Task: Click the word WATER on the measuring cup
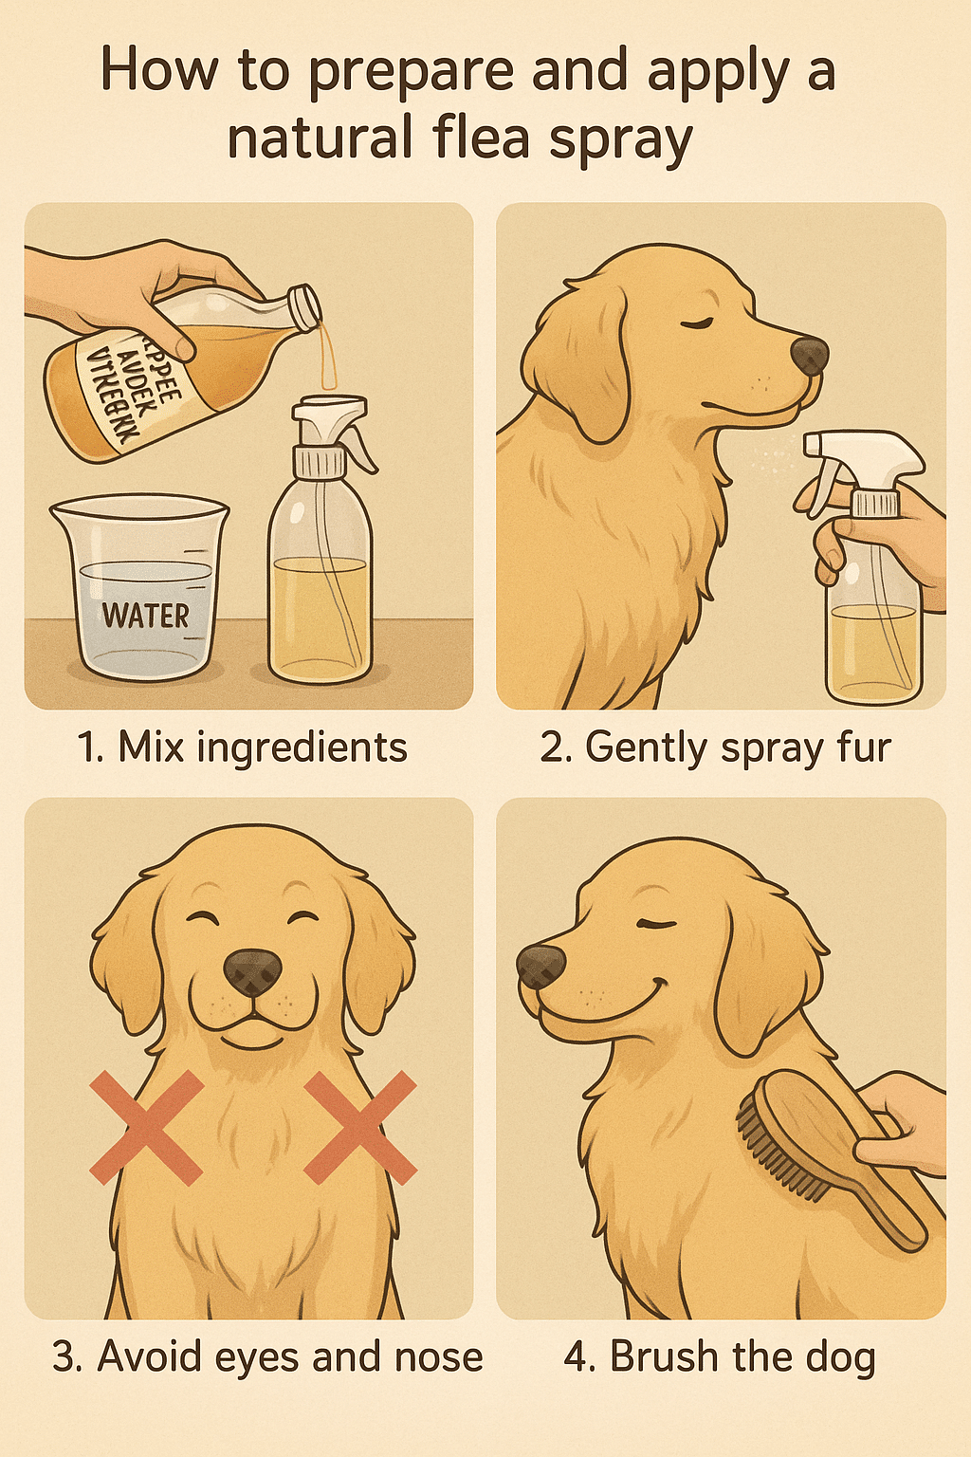tap(145, 615)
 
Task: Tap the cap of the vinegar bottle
tap(305, 308)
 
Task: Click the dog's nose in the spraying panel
tap(809, 356)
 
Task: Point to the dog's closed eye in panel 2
tap(700, 324)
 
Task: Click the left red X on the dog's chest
tap(146, 1128)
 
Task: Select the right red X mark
tap(360, 1128)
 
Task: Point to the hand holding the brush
tap(906, 1124)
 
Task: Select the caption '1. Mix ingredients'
tap(243, 747)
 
